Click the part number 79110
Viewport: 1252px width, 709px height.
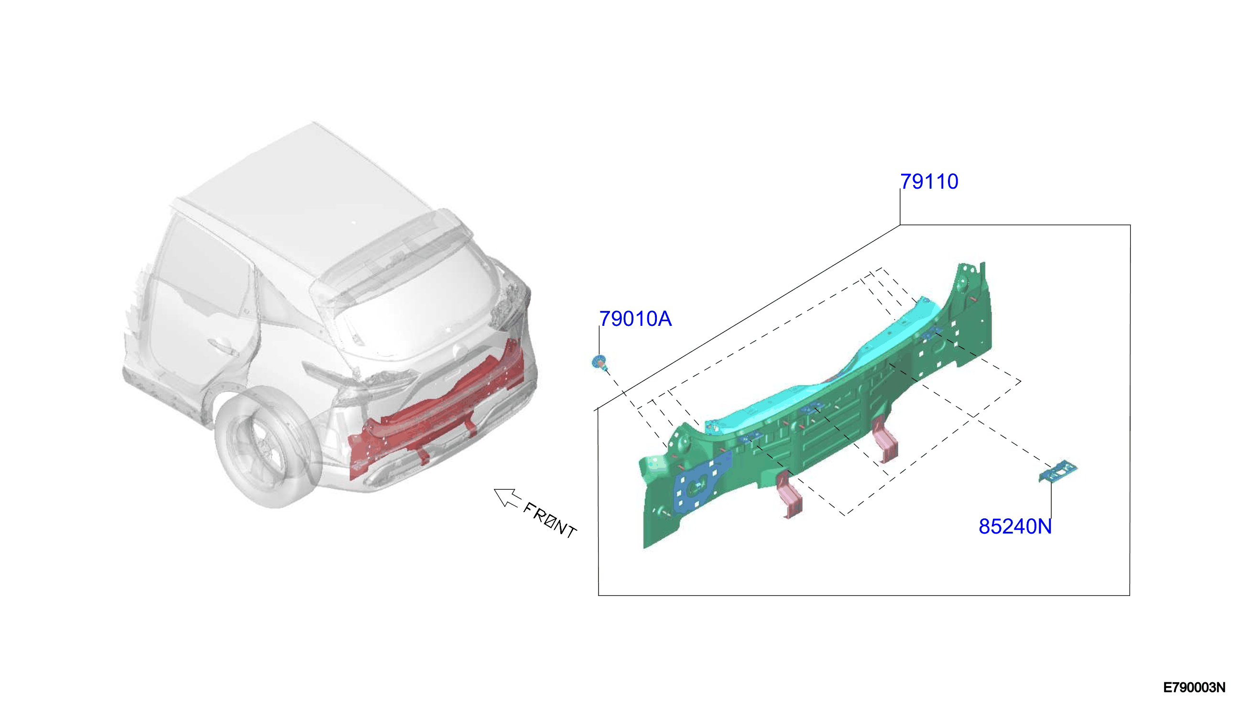tap(929, 182)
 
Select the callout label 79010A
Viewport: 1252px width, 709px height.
tap(635, 319)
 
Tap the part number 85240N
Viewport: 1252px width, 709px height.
tap(1015, 526)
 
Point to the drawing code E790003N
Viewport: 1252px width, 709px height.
tap(1195, 688)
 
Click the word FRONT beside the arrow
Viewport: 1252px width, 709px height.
tap(550, 520)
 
